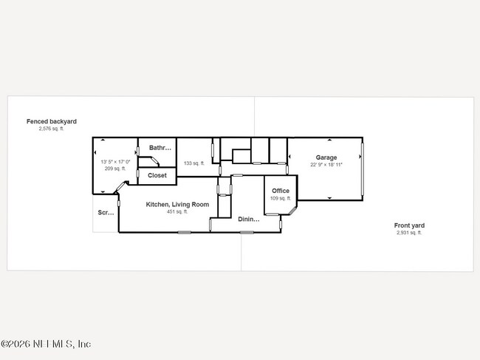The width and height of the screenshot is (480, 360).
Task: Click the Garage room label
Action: point(326,157)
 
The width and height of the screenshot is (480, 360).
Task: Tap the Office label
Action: point(280,191)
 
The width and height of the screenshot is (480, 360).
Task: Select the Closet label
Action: point(157,175)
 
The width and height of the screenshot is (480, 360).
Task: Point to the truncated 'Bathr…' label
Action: point(160,148)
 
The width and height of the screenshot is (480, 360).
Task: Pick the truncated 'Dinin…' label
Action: point(249,219)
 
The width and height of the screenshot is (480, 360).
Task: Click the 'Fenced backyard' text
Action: point(52,121)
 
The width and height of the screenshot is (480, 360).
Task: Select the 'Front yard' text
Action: point(409,225)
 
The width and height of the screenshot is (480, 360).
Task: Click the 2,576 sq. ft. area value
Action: point(52,129)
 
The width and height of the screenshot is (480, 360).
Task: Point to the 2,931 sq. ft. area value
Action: point(409,233)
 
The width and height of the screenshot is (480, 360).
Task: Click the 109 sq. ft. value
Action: point(280,198)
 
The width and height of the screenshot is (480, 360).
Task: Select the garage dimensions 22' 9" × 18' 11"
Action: point(326,165)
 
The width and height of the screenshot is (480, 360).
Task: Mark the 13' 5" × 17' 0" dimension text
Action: point(115,161)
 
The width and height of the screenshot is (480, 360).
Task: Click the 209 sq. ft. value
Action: point(115,169)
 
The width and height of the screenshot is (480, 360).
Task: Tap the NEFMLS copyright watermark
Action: point(46,344)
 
